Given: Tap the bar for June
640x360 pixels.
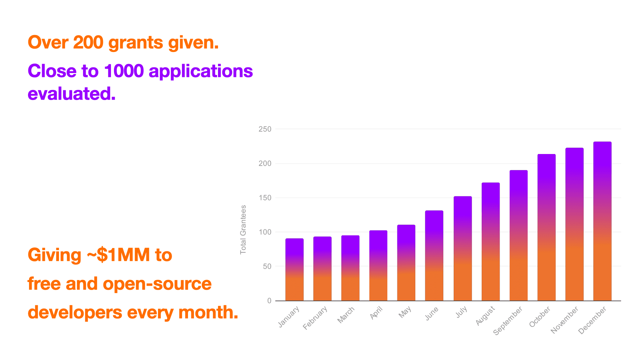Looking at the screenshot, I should (x=434, y=255).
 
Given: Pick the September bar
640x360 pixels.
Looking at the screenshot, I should (x=518, y=235).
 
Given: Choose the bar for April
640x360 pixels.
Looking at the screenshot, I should (x=378, y=265).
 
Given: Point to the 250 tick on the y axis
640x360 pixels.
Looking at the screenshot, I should (x=265, y=129).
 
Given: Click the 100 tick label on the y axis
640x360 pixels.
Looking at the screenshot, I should (x=265, y=232).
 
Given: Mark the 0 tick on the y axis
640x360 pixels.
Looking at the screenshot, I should (x=269, y=301).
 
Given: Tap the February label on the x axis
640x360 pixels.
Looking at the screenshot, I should (x=315, y=318).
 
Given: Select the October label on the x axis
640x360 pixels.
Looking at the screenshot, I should (x=540, y=317).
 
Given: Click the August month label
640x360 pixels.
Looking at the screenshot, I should (x=485, y=316).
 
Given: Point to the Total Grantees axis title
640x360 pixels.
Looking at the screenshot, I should (x=243, y=230).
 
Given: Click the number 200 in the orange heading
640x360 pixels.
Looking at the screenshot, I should (x=88, y=43).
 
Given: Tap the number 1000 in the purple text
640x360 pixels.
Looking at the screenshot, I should (x=124, y=71).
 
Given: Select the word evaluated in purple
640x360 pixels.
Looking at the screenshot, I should (x=72, y=94).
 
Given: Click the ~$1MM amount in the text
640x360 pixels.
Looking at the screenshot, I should (x=118, y=255).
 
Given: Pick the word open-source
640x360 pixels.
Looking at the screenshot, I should (x=157, y=284).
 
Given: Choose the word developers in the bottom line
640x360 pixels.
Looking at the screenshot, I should (x=75, y=313).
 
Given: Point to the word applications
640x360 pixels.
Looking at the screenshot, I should (x=201, y=71).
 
